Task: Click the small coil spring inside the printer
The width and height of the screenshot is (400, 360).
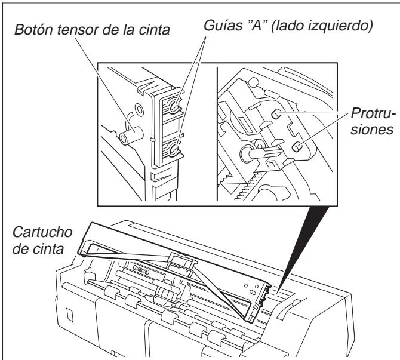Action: [x=141, y=269]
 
